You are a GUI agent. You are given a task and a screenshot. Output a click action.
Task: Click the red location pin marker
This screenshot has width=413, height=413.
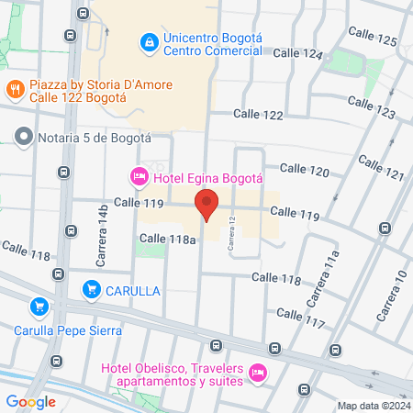point(206,205)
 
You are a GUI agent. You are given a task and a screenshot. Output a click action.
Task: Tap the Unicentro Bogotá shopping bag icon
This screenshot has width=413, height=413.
point(148,42)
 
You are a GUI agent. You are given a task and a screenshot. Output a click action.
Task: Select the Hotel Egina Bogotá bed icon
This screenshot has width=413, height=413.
point(139,174)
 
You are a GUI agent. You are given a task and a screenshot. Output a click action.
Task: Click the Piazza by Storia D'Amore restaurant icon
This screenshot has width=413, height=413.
point(14,89)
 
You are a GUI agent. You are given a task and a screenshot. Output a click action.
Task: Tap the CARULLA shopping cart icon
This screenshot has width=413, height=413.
point(91,290)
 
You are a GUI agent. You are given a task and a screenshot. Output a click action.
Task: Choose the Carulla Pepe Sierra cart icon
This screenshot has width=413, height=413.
point(38,307)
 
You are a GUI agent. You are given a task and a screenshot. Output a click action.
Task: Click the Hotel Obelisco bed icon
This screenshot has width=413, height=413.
point(257,373)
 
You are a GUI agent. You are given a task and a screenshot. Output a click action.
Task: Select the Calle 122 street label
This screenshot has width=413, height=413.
point(258,114)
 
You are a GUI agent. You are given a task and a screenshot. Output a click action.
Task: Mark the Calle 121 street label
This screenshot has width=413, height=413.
point(381,167)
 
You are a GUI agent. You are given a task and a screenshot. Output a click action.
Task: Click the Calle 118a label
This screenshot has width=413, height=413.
point(168,239)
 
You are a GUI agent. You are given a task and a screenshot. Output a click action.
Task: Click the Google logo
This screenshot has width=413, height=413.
point(30,401)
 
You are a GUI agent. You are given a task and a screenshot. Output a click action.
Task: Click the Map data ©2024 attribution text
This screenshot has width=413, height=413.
point(372,406)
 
